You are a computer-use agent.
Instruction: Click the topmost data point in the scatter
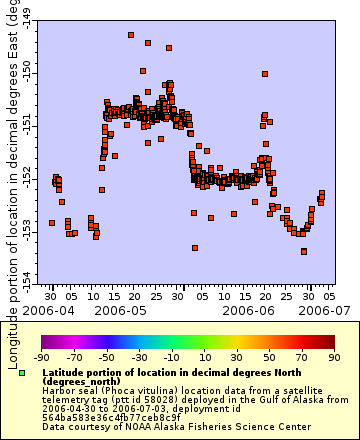131,35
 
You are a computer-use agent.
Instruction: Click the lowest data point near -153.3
304,251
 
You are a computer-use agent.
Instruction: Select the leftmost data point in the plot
52,223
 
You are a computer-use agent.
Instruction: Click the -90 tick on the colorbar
41,357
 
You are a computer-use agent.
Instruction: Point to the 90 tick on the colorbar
333,357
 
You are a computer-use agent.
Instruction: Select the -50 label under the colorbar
106,357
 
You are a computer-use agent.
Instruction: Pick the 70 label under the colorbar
301,357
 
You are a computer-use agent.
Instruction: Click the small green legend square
22,373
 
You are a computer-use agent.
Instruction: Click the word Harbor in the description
57,390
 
